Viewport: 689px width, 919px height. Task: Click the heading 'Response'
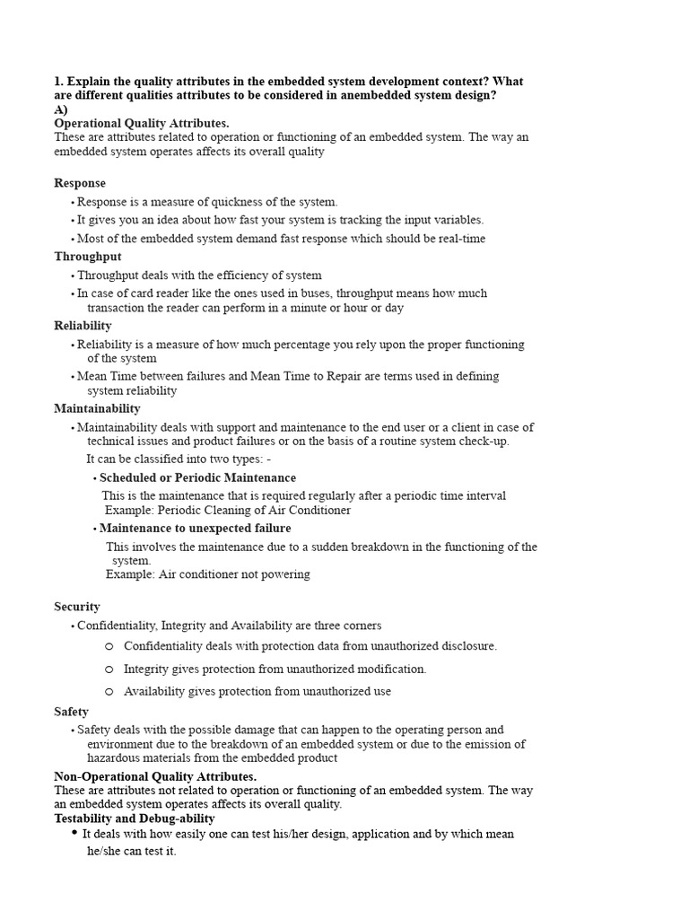click(80, 183)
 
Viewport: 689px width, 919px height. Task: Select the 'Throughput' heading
click(88, 257)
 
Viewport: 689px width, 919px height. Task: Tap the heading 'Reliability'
click(83, 326)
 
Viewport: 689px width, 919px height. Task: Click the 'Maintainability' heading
click(97, 408)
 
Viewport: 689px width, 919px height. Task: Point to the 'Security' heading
click(77, 607)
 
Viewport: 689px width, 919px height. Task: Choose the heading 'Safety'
click(72, 712)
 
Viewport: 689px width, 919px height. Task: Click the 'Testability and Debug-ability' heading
click(135, 818)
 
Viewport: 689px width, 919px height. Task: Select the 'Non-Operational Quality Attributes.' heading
click(155, 776)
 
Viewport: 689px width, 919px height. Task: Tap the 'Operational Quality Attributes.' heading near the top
click(142, 123)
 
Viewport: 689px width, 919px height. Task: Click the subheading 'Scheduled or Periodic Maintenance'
click(197, 477)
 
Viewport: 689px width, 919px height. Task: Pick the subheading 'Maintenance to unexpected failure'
click(195, 528)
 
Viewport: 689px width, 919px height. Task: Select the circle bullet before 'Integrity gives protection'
click(109, 669)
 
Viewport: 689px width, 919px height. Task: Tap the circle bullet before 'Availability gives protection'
click(109, 691)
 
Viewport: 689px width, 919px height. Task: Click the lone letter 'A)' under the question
click(61, 109)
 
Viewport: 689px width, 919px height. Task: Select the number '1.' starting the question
click(59, 82)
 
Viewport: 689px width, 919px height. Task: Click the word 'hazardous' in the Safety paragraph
click(115, 757)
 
